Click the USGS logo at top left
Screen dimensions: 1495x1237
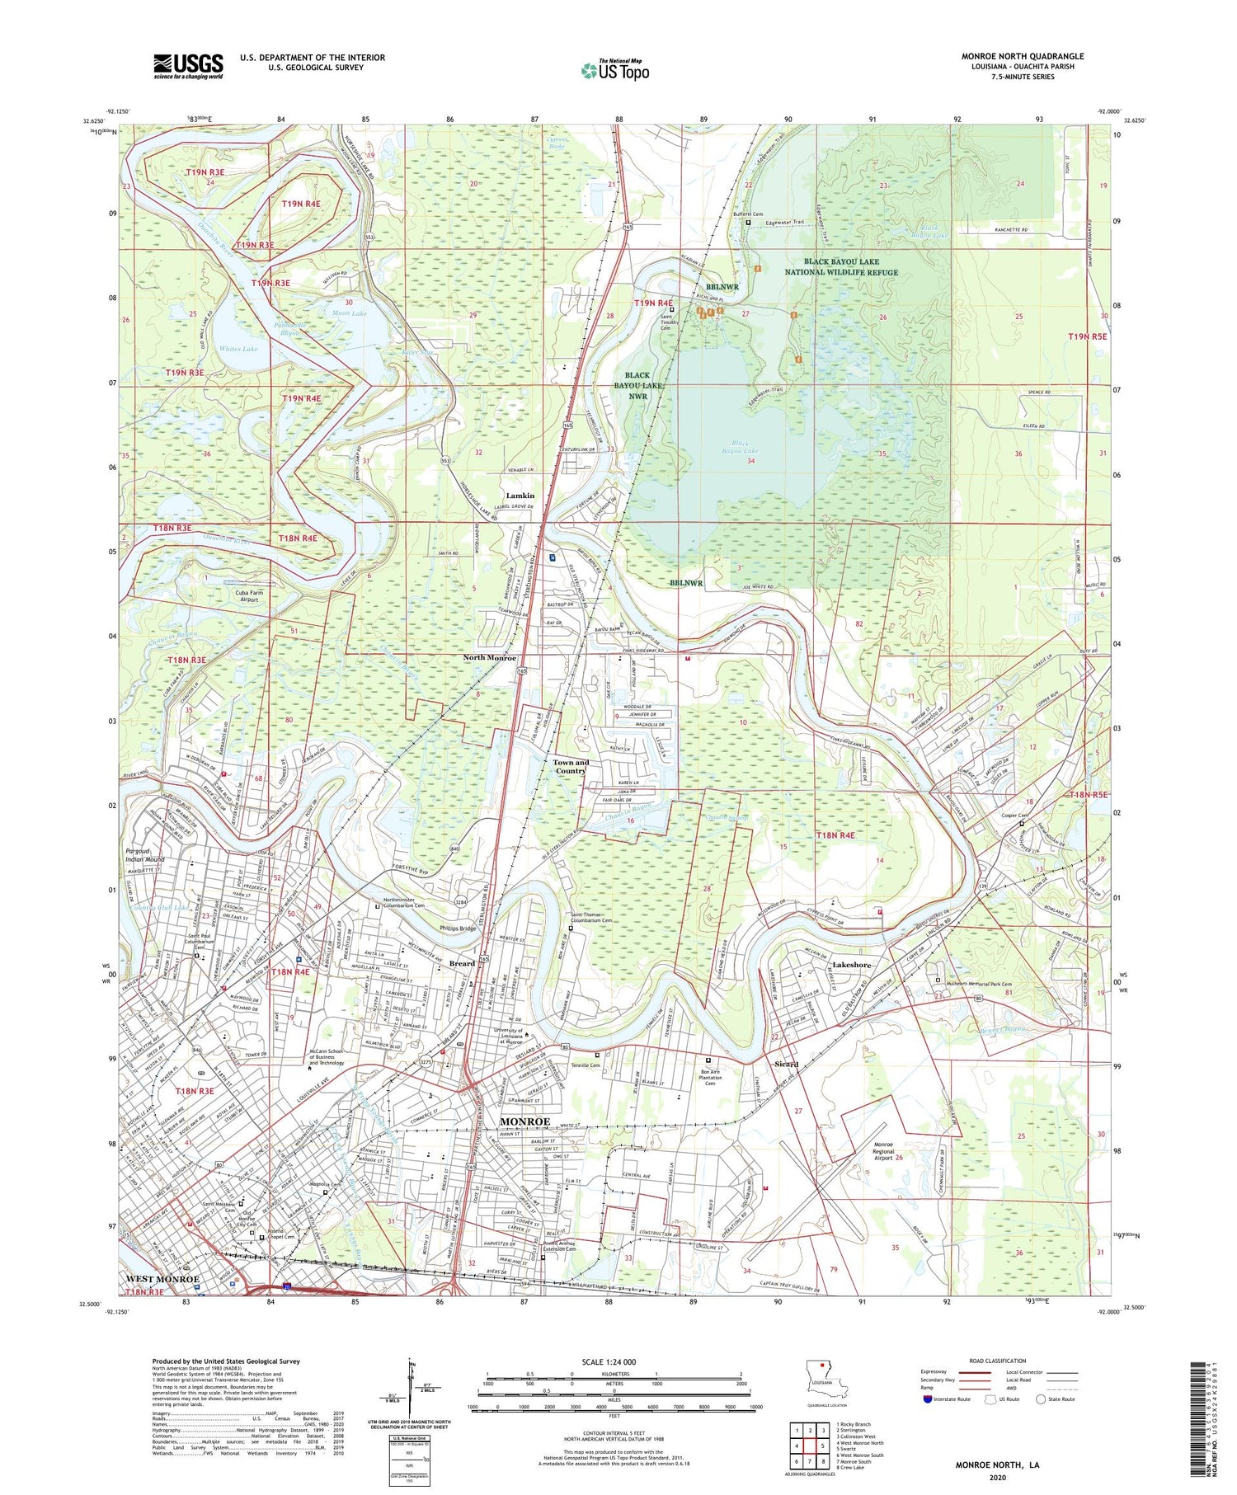(188, 66)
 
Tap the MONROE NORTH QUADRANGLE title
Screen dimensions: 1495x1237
(1022, 56)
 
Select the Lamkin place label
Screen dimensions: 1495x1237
(520, 496)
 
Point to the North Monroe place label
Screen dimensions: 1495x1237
(489, 658)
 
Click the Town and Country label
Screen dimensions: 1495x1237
(571, 767)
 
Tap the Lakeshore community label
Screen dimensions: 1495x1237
(852, 964)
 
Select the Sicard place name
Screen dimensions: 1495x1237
(786, 1064)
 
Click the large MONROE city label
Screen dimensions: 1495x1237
(525, 1121)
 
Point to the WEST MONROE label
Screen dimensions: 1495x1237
(162, 1279)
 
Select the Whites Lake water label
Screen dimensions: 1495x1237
(238, 349)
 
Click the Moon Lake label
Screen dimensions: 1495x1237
(349, 313)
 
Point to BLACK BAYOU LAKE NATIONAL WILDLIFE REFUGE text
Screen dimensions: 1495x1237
(841, 266)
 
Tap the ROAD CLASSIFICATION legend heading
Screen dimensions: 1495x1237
(998, 1361)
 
